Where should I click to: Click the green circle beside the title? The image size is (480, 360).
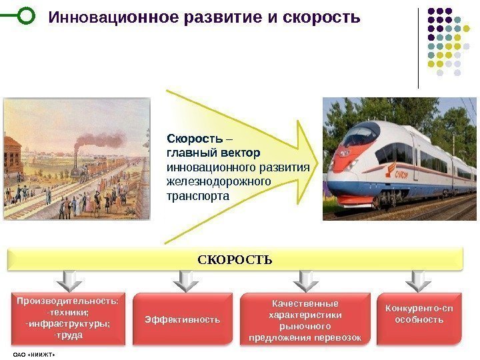point(24,15)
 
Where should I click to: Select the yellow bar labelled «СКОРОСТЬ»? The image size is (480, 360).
point(235,259)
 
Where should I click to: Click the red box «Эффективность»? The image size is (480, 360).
point(182,319)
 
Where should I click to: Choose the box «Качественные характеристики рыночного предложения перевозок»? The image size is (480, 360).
point(304,320)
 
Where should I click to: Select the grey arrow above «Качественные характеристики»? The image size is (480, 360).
point(304,281)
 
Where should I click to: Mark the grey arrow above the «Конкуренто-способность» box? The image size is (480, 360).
point(418,281)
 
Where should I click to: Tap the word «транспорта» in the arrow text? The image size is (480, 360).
point(197,197)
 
